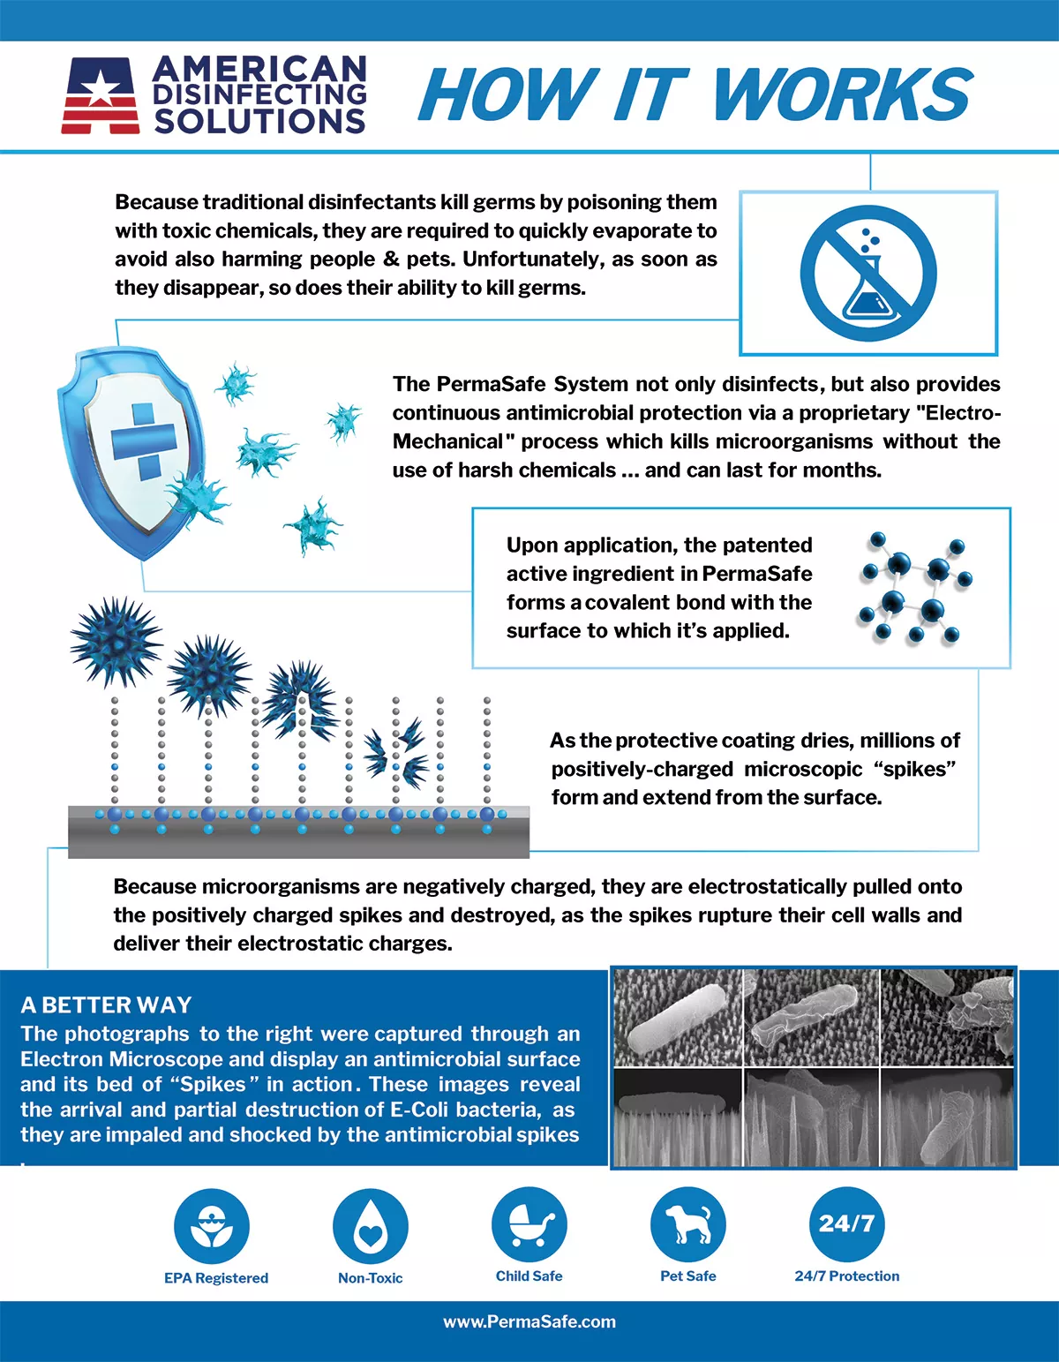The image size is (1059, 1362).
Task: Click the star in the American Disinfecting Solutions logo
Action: tap(101, 88)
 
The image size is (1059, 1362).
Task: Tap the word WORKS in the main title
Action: tap(842, 94)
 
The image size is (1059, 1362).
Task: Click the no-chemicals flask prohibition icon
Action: tap(868, 273)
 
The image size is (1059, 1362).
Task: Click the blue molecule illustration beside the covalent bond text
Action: tap(913, 587)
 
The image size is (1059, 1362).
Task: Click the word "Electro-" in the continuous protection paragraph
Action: tap(963, 412)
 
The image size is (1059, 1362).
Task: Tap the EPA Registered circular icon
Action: tap(212, 1225)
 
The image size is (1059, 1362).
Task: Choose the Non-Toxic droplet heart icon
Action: tap(371, 1226)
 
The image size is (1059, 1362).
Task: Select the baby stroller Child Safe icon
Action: tap(529, 1224)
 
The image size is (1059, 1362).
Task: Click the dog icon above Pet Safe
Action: tap(688, 1224)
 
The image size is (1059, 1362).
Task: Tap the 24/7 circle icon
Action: tap(846, 1223)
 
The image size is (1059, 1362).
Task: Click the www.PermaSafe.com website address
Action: tap(529, 1321)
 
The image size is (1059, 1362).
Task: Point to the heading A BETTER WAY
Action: tap(106, 1005)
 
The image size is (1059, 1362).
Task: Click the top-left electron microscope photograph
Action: tap(677, 1018)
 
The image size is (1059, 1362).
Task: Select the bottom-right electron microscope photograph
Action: tap(947, 1117)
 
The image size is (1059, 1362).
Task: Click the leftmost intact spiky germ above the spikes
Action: tap(116, 642)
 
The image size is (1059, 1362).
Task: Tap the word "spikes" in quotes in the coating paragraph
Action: tap(915, 769)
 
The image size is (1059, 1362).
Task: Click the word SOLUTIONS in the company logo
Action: tap(259, 121)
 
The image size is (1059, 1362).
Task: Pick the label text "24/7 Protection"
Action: tap(847, 1275)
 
